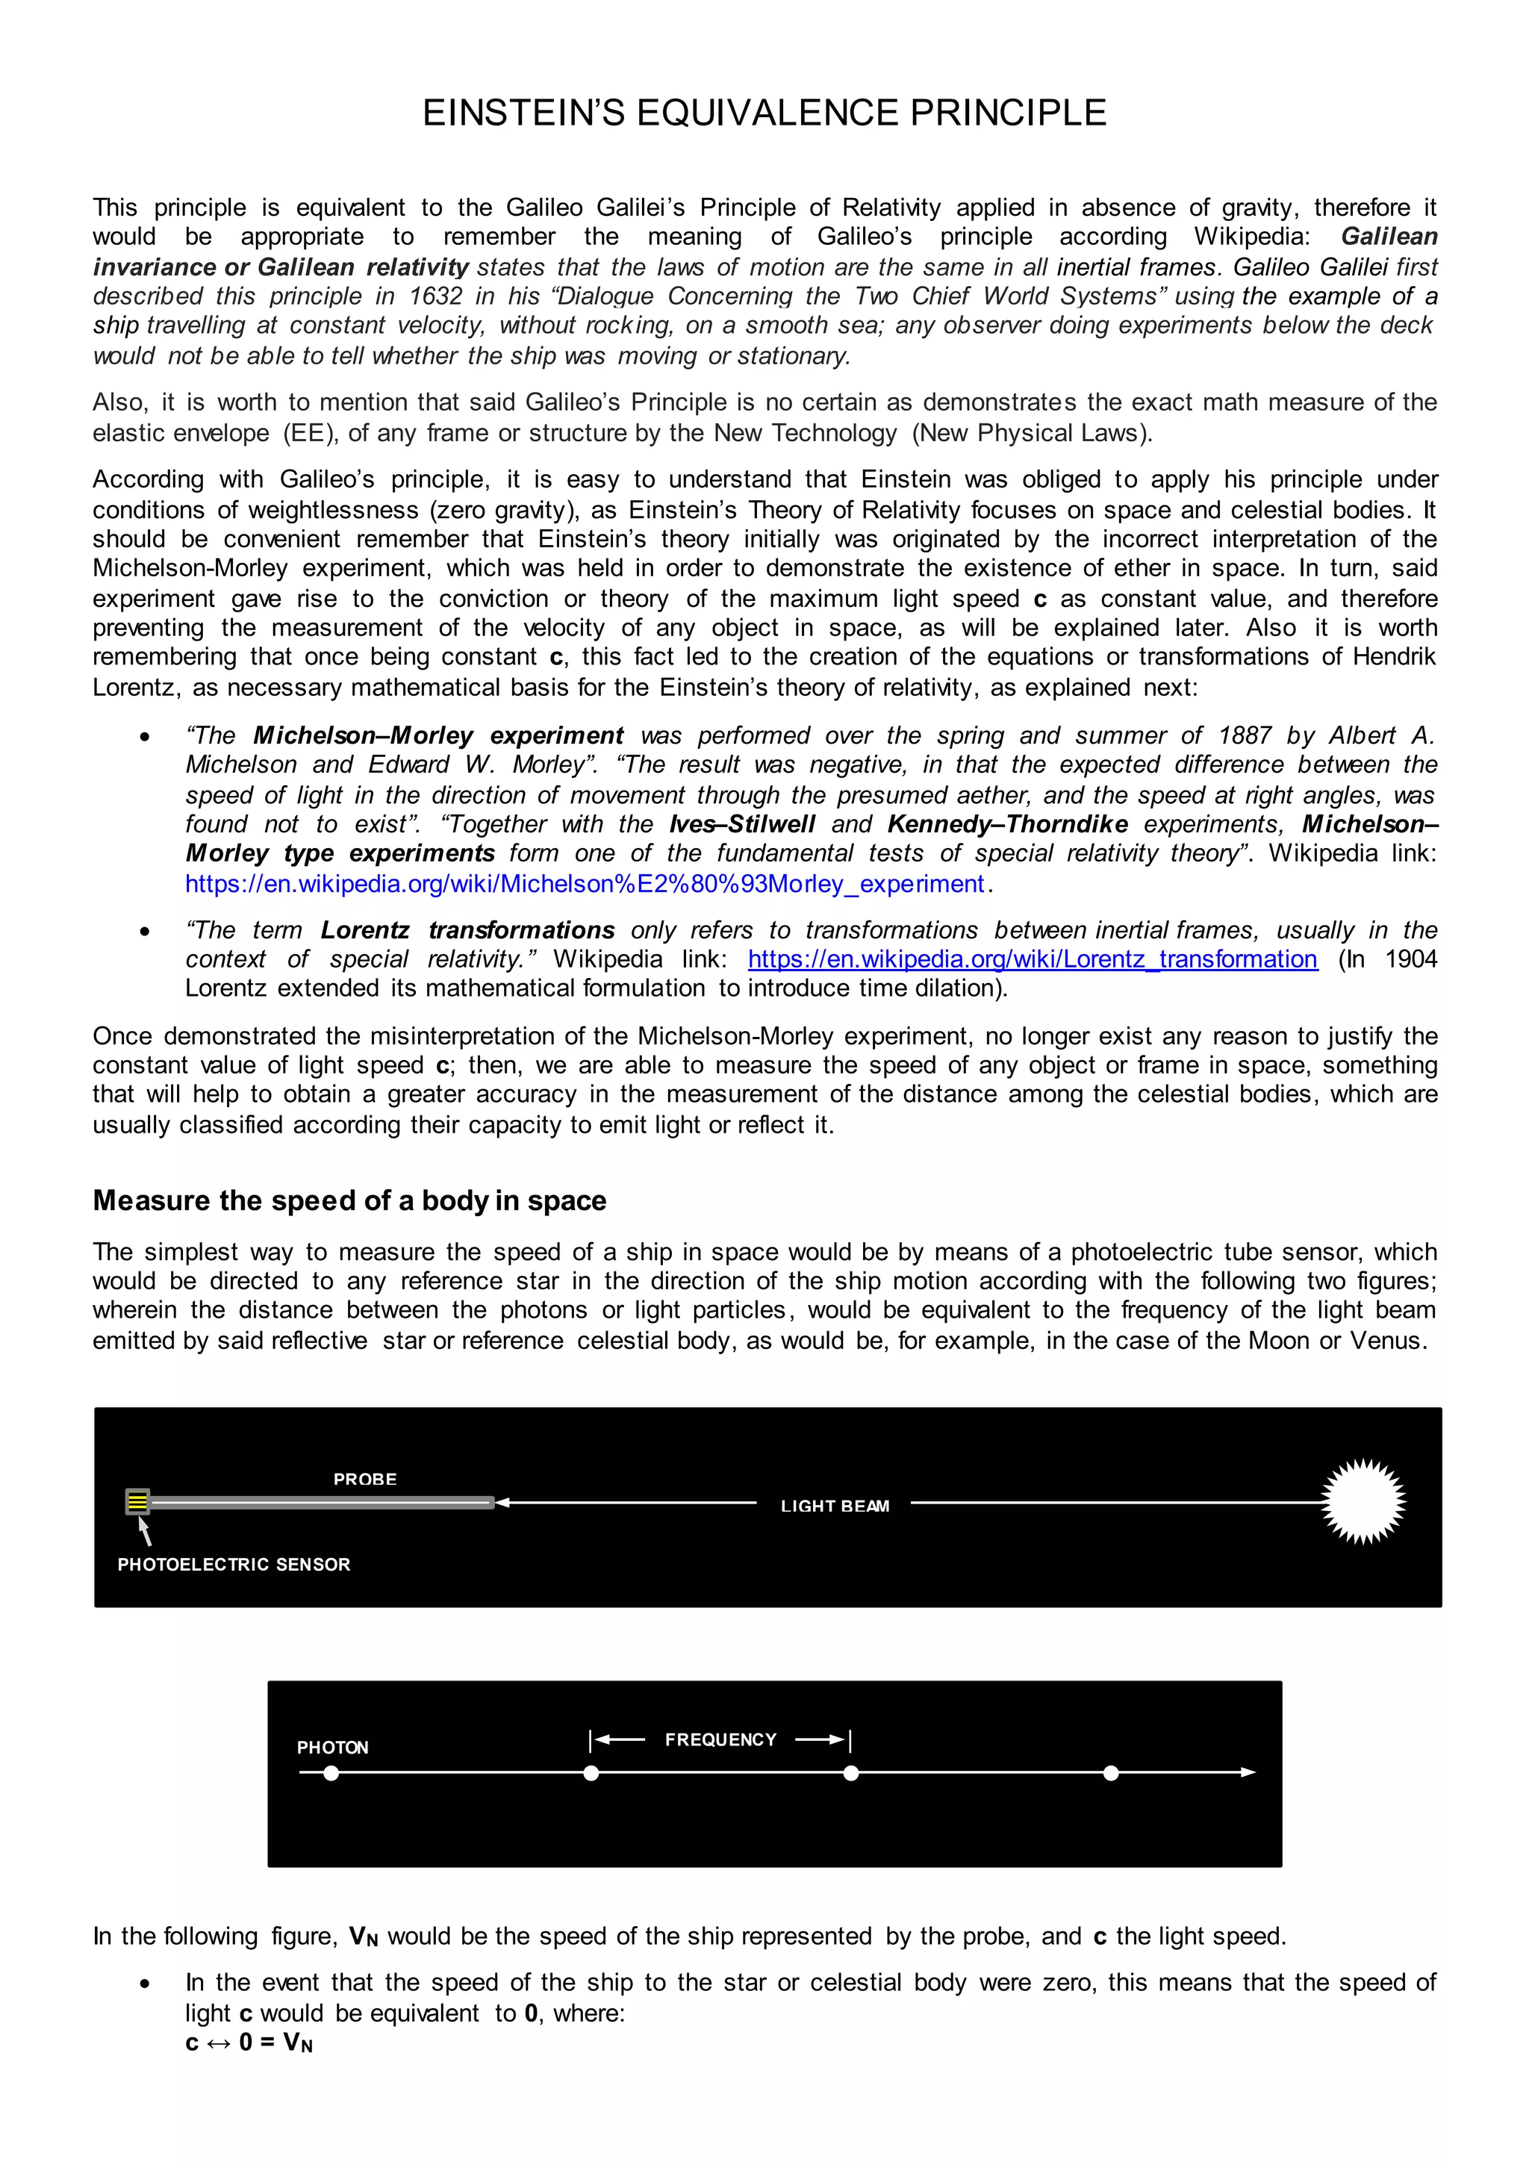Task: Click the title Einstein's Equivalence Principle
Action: click(764, 113)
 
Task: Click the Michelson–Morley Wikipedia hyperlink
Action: click(585, 883)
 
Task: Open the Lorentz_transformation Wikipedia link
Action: click(1032, 959)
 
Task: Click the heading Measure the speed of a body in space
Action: click(349, 1200)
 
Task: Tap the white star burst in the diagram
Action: click(1363, 1502)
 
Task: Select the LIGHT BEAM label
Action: click(834, 1506)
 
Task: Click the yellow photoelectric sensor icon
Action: click(137, 1501)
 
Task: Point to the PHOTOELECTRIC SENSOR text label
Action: click(234, 1564)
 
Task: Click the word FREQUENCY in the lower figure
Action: click(720, 1739)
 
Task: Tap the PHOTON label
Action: click(332, 1748)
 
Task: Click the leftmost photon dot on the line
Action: click(331, 1773)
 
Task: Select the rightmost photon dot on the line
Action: click(1111, 1773)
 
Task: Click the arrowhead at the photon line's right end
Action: click(1248, 1772)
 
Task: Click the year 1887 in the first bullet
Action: click(1244, 735)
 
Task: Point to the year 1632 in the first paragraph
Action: click(435, 296)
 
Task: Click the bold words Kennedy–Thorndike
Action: click(1006, 824)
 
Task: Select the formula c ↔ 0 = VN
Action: click(249, 2043)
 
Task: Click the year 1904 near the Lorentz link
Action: click(1410, 959)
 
